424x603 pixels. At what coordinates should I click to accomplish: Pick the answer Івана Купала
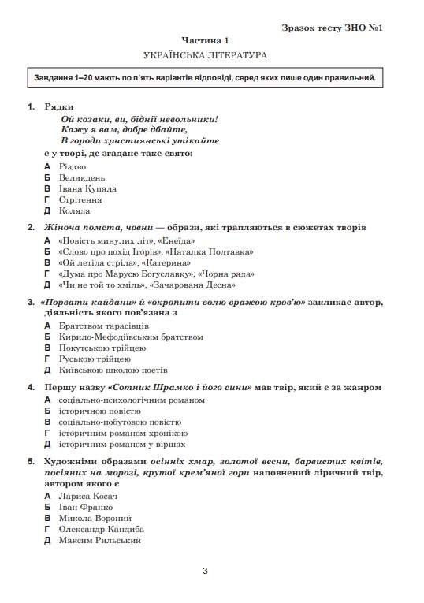tap(87, 189)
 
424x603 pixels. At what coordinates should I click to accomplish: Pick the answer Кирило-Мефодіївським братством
tap(131, 337)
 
